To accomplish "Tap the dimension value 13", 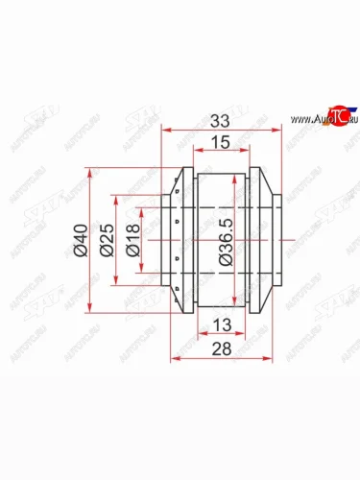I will [223, 324].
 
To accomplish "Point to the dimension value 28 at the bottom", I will [223, 347].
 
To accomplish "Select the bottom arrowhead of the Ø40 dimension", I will [91, 310].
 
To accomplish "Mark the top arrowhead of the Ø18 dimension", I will [143, 210].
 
